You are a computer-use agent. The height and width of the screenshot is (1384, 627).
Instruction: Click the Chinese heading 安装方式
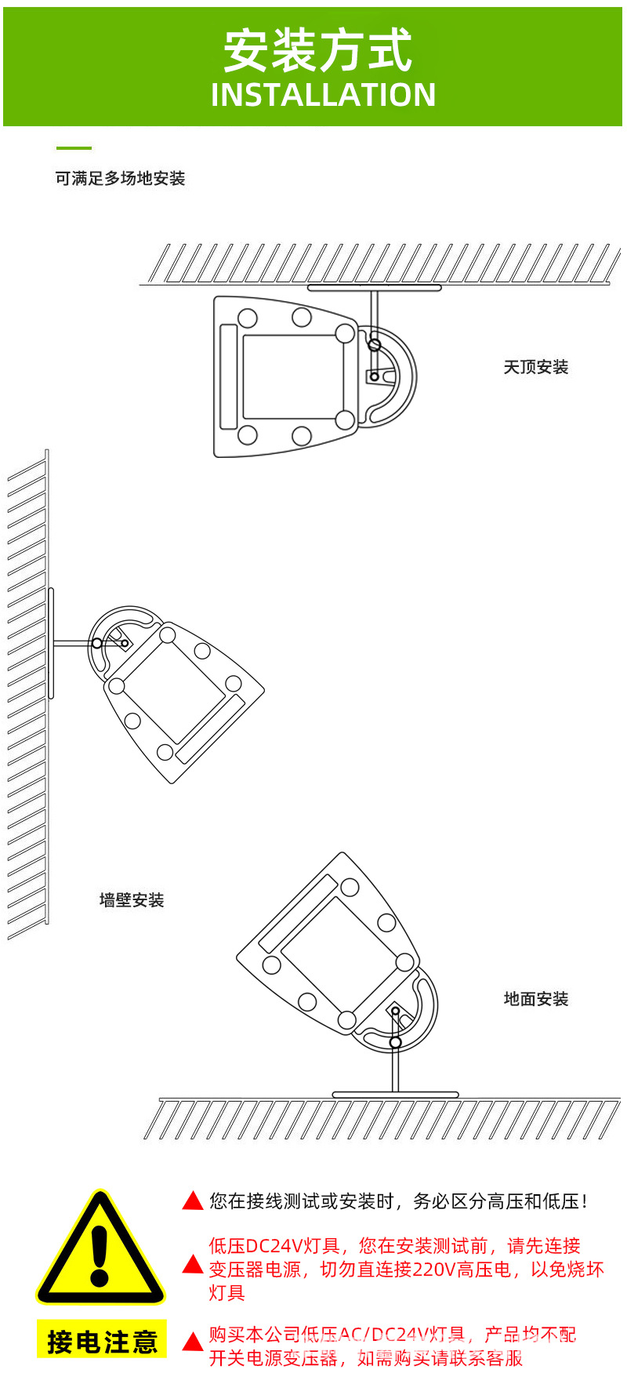click(317, 51)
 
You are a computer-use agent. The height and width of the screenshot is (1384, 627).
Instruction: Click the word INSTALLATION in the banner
click(323, 95)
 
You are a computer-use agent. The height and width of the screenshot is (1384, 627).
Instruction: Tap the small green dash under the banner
click(74, 147)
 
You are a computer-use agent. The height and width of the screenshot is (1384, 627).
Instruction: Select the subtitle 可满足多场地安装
click(120, 179)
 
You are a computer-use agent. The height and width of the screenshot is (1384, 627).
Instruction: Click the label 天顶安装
click(535, 367)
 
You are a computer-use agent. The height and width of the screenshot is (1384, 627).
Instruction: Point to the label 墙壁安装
click(132, 900)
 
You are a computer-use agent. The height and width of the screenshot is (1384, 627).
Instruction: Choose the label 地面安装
click(536, 999)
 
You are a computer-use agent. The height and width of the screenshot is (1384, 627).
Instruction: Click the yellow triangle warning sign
click(100, 1251)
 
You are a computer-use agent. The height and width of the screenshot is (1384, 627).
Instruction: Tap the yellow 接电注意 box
click(102, 1342)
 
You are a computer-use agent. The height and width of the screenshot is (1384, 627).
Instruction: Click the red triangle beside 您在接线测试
click(193, 1201)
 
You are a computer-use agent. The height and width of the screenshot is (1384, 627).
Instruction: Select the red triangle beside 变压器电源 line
click(193, 1264)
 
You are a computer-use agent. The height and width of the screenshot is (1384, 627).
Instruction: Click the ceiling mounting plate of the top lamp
click(374, 288)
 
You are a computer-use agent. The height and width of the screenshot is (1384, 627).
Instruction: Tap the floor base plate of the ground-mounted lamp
click(395, 1095)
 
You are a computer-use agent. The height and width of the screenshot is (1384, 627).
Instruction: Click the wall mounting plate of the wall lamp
click(51, 643)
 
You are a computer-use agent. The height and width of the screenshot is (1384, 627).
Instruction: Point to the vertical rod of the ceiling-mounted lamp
click(374, 314)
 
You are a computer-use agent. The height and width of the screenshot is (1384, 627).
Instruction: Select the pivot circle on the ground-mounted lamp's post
click(395, 1042)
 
